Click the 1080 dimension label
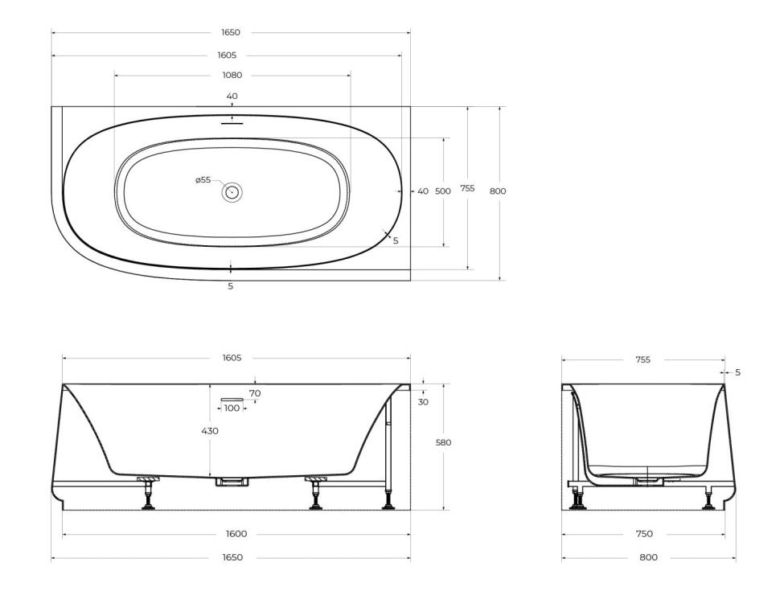pos(232,75)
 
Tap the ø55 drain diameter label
pos(203,180)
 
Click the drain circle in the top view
pos(232,191)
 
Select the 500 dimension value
pos(443,191)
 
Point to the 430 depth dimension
pos(210,430)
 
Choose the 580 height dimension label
pos(444,442)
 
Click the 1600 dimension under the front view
pos(236,534)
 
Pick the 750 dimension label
pos(644,534)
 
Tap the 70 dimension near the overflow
pos(255,393)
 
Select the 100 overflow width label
pos(232,408)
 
